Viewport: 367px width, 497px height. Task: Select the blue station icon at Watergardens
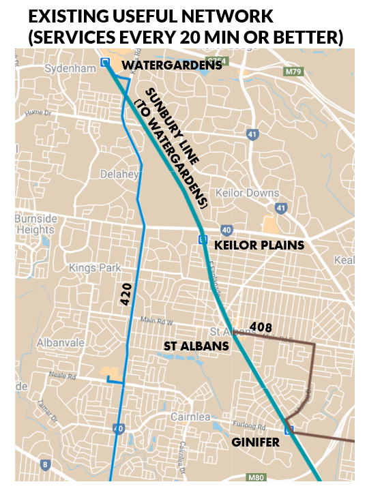pyautogui.click(x=105, y=63)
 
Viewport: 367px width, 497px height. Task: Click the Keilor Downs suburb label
pyautogui.click(x=247, y=193)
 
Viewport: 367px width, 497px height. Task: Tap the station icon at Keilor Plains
pyautogui.click(x=203, y=239)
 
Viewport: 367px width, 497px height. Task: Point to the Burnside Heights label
pyautogui.click(x=37, y=224)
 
